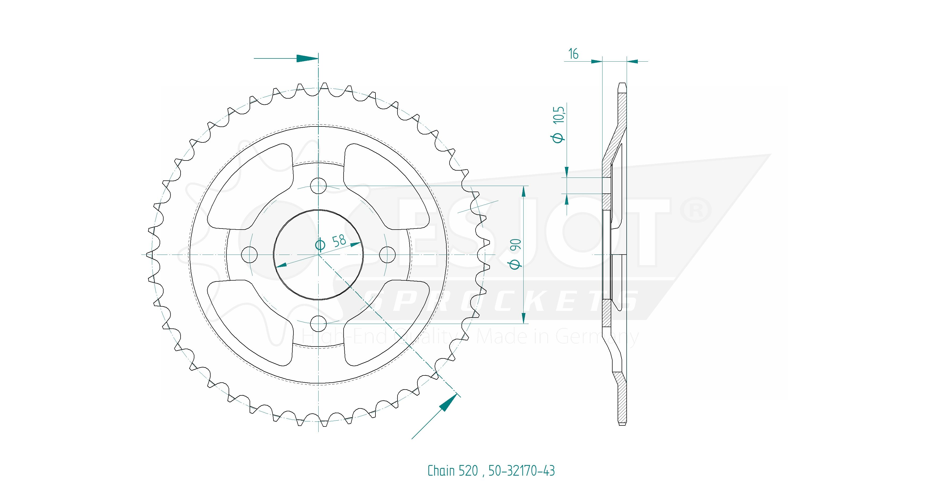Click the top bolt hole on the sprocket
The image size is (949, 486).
point(319,185)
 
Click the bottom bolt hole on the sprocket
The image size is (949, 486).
point(319,323)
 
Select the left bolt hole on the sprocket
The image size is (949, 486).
point(249,255)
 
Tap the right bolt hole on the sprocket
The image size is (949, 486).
point(387,255)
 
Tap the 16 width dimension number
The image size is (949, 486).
point(573,54)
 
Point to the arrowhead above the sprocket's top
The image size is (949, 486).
point(307,58)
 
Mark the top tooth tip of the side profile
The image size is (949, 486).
point(622,84)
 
